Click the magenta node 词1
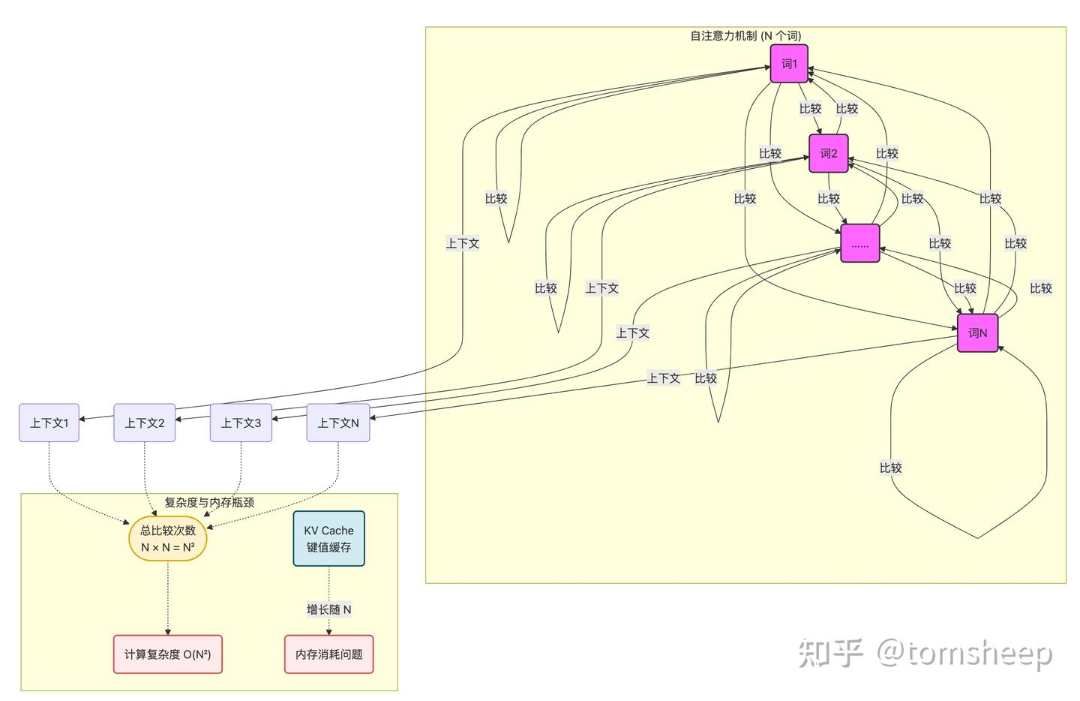point(789,64)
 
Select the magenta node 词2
point(828,154)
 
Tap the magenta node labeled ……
point(859,244)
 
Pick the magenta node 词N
point(977,332)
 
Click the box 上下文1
point(49,423)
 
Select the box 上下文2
point(144,423)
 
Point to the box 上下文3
point(241,423)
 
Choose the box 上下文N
point(337,423)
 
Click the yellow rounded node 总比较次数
point(167,539)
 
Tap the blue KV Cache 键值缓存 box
point(328,539)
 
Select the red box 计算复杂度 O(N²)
point(167,654)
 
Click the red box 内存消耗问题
point(328,654)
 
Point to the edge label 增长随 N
point(328,609)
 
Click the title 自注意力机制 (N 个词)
point(745,35)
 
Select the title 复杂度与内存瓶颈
point(208,502)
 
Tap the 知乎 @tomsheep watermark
point(925,652)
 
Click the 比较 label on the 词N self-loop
point(890,468)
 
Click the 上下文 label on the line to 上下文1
point(462,243)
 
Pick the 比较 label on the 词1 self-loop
point(496,199)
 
